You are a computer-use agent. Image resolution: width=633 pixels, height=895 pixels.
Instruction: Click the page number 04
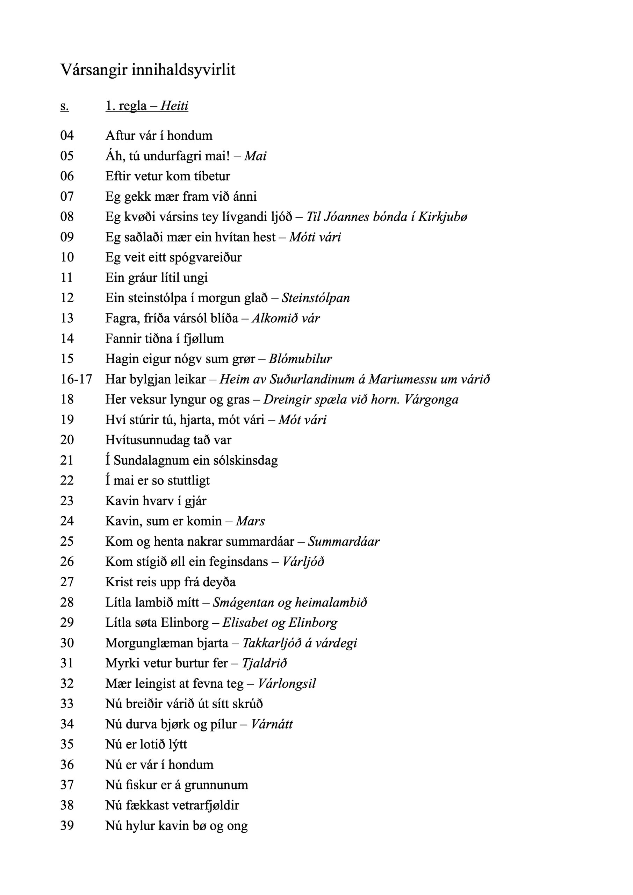[x=67, y=136]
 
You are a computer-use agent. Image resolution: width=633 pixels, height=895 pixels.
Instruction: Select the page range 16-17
[x=76, y=379]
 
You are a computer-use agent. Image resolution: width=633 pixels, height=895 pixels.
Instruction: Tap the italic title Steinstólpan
[x=315, y=298]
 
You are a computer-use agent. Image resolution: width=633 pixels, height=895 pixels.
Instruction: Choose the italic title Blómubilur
[x=300, y=359]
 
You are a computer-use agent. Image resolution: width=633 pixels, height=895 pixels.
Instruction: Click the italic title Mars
[x=250, y=521]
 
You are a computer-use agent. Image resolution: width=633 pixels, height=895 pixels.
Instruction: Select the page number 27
[x=67, y=582]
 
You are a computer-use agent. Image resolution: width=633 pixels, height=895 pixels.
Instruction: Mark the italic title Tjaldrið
[x=264, y=663]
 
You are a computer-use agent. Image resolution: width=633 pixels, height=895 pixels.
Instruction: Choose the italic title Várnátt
[x=272, y=724]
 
